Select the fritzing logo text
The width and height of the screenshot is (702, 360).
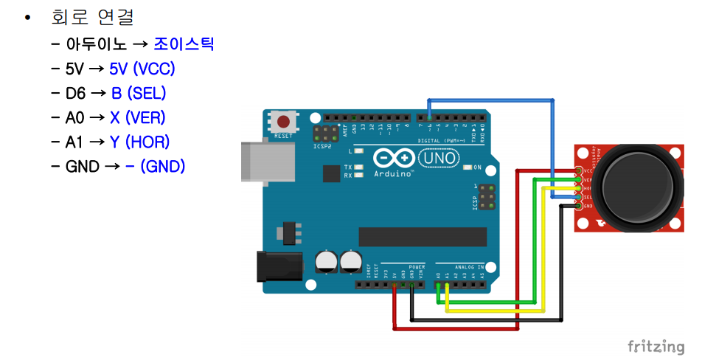pos(656,346)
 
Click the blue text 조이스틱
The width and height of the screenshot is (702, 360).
pos(184,44)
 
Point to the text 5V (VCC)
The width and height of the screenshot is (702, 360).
pos(142,69)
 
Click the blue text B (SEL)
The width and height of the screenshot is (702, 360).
pos(139,93)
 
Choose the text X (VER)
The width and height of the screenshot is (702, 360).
pos(138,117)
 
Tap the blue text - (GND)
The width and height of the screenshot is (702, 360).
pos(155,166)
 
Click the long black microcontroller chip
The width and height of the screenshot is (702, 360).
pos(423,236)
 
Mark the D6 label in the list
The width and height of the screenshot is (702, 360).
pos(75,93)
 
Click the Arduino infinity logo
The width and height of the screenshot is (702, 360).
pos(394,158)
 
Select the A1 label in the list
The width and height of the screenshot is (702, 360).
pos(74,142)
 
